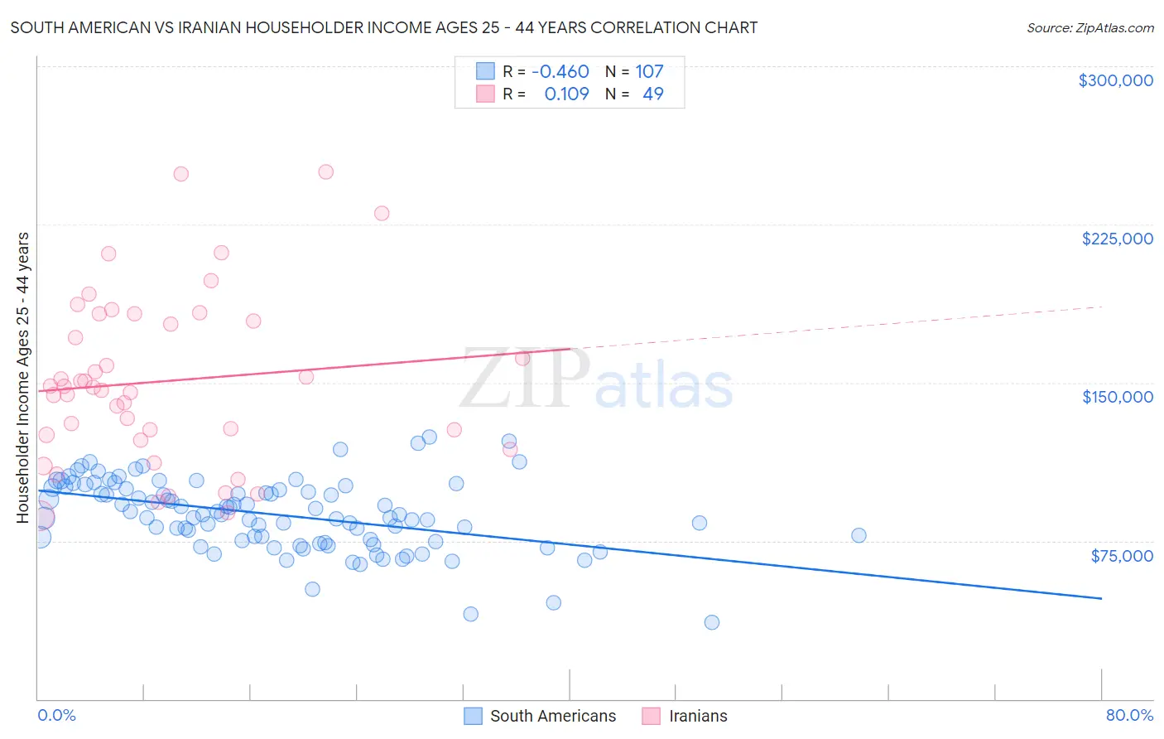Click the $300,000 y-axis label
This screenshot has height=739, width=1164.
(x=1115, y=80)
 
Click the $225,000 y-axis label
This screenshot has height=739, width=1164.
(x=1117, y=239)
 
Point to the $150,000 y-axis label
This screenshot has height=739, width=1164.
(x=1117, y=397)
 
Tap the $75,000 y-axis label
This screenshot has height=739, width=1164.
(x=1121, y=555)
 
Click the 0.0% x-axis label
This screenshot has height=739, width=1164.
(x=56, y=715)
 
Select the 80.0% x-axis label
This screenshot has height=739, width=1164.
(x=1129, y=715)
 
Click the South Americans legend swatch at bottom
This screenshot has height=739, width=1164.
(x=473, y=716)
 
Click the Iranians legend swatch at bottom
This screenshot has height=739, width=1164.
(x=652, y=716)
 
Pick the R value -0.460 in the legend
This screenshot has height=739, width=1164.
(x=560, y=72)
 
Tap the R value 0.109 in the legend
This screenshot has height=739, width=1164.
(x=566, y=94)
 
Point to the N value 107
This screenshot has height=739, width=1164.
(x=649, y=72)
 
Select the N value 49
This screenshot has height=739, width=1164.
(x=652, y=94)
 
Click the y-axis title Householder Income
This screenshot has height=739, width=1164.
(x=23, y=378)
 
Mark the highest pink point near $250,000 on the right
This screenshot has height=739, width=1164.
(x=325, y=172)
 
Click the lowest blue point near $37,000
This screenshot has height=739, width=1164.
(x=711, y=622)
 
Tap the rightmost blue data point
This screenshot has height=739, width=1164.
(x=859, y=535)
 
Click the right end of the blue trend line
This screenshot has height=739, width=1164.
(x=1101, y=598)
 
